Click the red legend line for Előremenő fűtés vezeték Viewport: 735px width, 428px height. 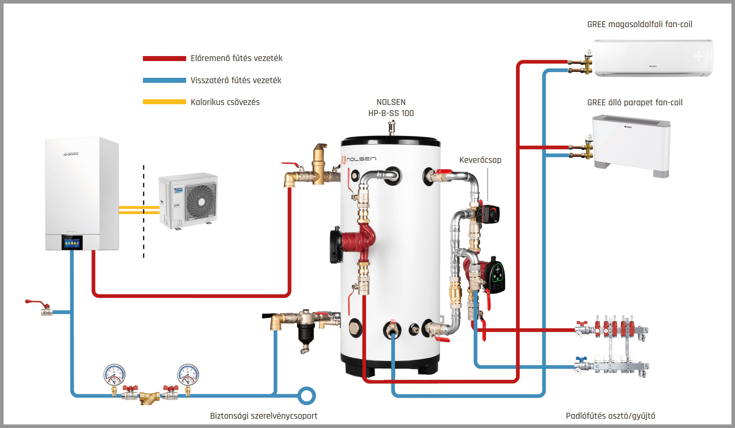point(164,59)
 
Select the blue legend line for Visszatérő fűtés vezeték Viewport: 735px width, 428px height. point(164,80)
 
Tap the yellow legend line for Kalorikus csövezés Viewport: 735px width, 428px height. point(164,102)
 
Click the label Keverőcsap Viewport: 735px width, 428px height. point(480,160)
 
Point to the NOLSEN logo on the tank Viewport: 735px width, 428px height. point(358,159)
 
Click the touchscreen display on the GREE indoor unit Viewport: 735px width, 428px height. point(72,243)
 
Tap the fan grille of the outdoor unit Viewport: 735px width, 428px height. point(201,202)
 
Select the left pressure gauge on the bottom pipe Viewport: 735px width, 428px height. point(114,375)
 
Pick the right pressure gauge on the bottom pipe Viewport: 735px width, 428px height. point(188,375)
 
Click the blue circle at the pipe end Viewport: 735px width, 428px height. point(307,396)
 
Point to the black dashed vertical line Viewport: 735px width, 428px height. point(144,211)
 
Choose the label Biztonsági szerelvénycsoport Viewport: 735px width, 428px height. point(264,416)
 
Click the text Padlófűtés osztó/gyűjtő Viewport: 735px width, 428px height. point(610,416)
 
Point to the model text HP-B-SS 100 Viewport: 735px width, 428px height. point(391,113)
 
